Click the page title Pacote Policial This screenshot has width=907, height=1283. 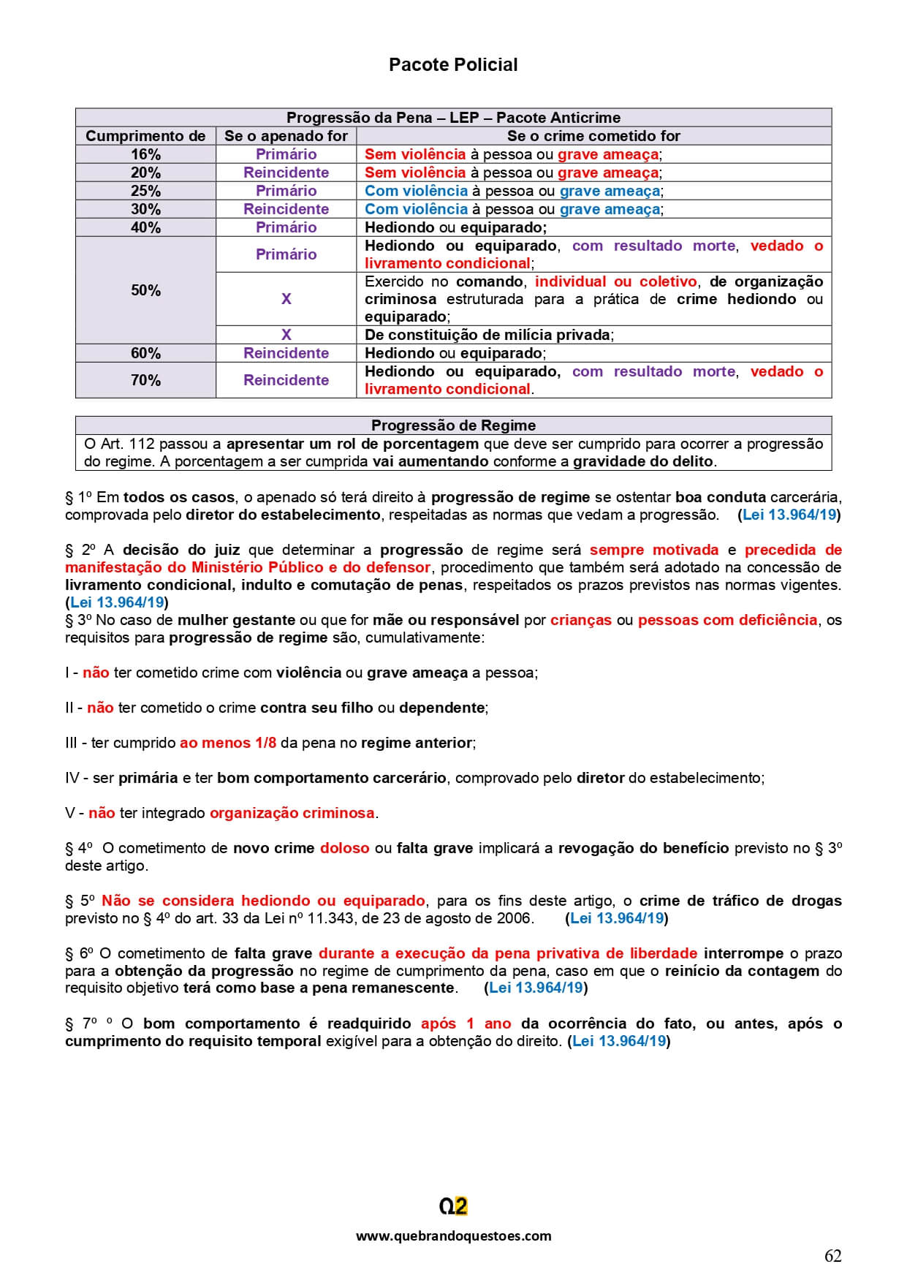pos(453,65)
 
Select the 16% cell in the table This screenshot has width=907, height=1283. pos(145,154)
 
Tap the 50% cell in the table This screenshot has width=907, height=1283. pos(145,290)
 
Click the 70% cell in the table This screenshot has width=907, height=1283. pos(145,380)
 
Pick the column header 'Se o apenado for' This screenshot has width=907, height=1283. pos(286,136)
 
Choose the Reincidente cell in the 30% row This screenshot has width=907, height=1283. pos(286,209)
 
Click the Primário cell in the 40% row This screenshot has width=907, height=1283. pos(286,227)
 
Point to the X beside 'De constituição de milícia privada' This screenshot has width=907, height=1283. pos(286,335)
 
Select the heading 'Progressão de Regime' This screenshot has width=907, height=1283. pos(453,425)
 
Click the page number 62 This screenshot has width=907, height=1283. pos(832,1256)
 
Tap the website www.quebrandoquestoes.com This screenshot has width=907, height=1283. pos(453,1235)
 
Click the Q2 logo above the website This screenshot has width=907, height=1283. pos(453,1206)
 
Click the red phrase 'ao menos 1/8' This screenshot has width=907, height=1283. pos(228,743)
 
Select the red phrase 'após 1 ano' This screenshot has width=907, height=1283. pos(466,1023)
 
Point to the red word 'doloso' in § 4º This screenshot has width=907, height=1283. pos(344,848)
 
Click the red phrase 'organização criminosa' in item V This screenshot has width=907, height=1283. pos(292,813)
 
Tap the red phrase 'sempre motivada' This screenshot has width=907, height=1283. pos(653,550)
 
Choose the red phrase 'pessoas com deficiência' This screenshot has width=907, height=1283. pos(727,620)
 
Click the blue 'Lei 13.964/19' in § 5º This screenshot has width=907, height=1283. pos(617,918)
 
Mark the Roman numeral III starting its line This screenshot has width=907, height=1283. pos(71,743)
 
